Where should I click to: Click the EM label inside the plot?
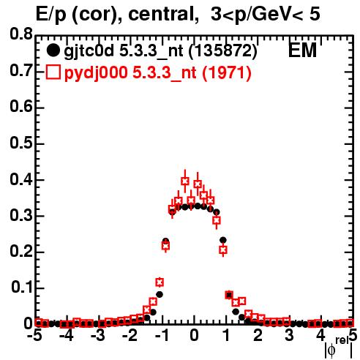coord(302,50)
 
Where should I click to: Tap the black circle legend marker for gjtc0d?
coord(53,50)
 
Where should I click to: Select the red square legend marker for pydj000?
coord(53,72)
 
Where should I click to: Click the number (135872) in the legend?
coord(223,51)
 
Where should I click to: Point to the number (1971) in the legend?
coord(227,73)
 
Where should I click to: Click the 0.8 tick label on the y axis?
coord(21,34)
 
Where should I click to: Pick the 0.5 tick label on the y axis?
coord(21,143)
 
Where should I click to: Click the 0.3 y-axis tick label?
coord(21,216)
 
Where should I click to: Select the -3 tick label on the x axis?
coord(99,336)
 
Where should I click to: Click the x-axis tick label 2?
coord(258,336)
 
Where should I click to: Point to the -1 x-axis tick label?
coord(162,336)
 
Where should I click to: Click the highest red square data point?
coord(185,181)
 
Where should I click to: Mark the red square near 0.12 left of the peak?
coord(160,282)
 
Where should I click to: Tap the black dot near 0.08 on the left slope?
coord(160,295)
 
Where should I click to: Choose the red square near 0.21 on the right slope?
coord(223,250)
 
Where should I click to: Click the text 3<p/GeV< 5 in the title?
coord(266,14)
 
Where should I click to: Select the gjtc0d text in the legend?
coord(89,51)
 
